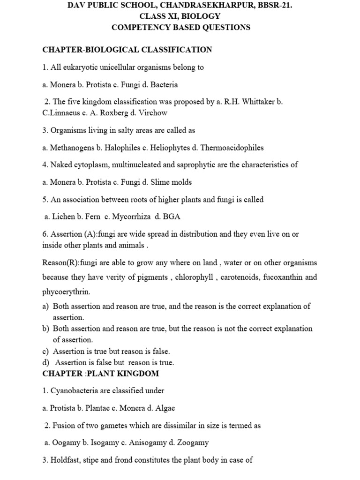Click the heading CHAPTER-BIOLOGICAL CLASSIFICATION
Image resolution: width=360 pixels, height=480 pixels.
pyautogui.click(x=127, y=50)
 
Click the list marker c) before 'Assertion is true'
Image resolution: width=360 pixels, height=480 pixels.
pyautogui.click(x=45, y=351)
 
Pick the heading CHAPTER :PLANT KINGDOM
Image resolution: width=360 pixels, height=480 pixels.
pyautogui.click(x=100, y=374)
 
